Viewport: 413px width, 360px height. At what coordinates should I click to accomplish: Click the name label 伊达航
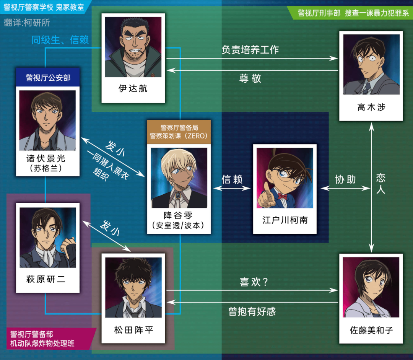click(133, 89)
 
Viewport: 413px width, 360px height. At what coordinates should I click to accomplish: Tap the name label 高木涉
click(371, 108)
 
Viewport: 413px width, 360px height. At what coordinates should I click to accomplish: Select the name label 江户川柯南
click(285, 220)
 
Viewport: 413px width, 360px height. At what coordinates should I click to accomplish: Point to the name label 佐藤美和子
click(371, 330)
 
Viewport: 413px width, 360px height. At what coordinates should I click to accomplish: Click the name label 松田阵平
click(133, 330)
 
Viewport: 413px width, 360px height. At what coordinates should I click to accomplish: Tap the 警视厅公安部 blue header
click(48, 78)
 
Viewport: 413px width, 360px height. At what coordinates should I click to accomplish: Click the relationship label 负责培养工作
click(250, 50)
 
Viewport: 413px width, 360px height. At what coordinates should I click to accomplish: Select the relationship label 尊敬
click(250, 78)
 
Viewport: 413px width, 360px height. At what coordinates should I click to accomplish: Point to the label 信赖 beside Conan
click(232, 179)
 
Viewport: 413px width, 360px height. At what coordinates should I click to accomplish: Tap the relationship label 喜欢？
click(254, 282)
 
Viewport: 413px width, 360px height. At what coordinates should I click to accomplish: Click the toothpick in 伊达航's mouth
click(142, 52)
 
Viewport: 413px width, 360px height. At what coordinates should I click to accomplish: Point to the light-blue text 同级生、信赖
click(60, 40)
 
